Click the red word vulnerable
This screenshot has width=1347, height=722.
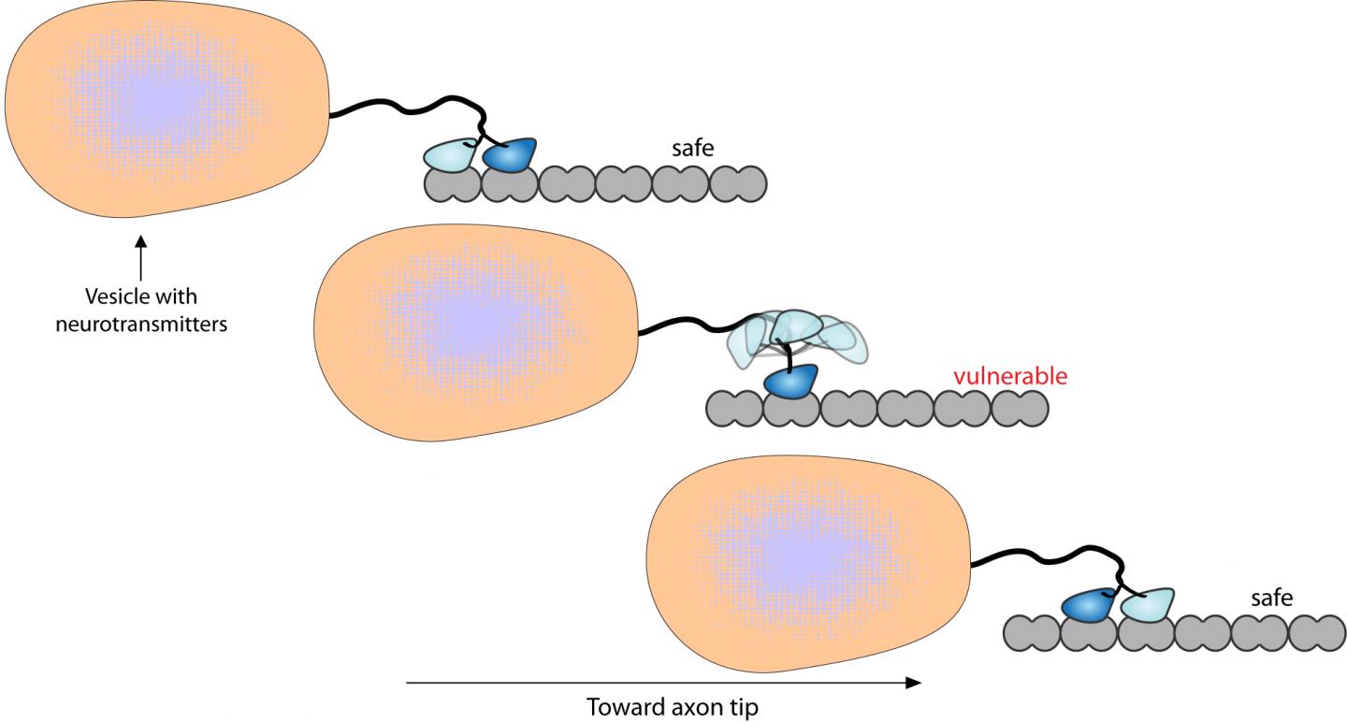click(1009, 377)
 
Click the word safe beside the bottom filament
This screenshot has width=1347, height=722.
click(1271, 597)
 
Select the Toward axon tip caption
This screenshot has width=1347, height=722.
click(672, 706)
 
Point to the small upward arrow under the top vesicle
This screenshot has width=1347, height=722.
click(139, 256)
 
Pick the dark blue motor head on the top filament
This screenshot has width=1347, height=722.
click(510, 154)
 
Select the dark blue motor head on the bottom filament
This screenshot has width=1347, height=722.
click(1090, 605)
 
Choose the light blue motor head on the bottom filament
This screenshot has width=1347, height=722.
click(1147, 605)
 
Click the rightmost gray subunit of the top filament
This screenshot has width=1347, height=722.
click(739, 184)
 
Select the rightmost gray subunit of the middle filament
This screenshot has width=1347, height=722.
click(1020, 409)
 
